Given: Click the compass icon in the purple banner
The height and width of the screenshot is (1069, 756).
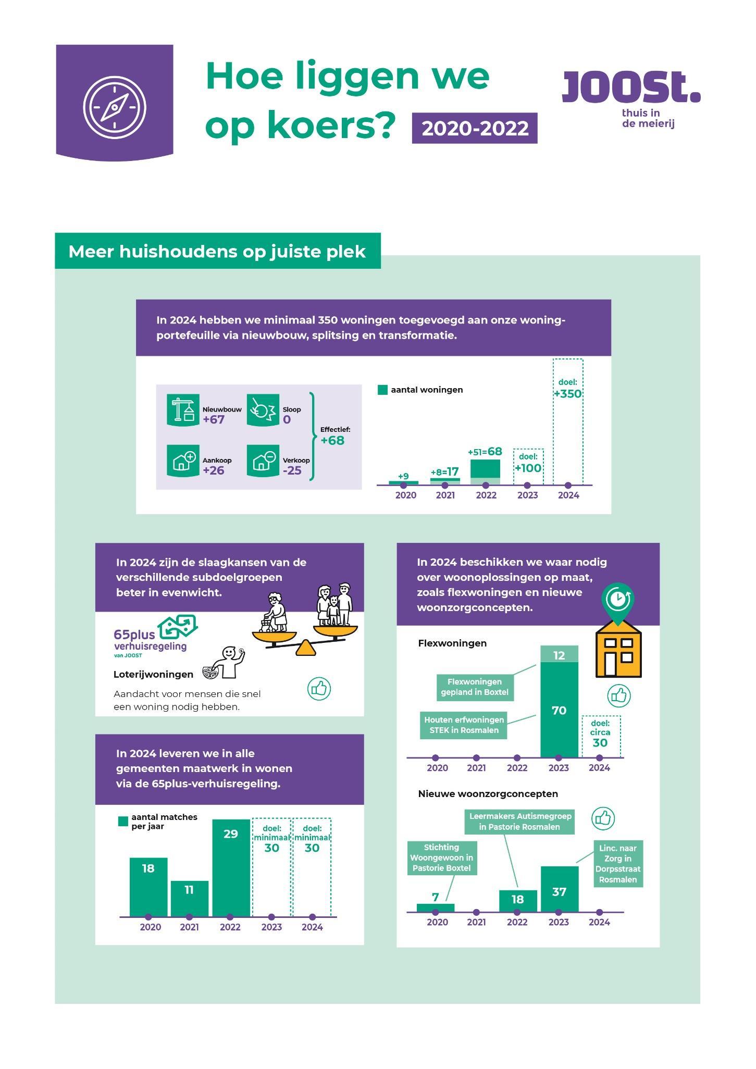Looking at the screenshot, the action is coord(115,107).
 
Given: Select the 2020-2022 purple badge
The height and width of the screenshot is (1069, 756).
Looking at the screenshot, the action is coord(474,128).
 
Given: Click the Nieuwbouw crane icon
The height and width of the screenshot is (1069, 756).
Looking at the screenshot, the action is coord(183,410).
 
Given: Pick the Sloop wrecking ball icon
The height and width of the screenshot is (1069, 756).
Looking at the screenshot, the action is coord(263,410).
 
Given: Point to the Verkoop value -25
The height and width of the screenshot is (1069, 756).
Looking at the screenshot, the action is coord(294,471).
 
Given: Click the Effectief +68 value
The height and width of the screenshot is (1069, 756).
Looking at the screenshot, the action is coord(332,440).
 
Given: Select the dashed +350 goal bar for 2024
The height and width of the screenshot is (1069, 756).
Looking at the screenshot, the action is coord(567,422).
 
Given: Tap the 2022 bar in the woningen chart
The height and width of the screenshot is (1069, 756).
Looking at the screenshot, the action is coord(486,471).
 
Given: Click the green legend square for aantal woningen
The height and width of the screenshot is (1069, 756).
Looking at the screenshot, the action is coord(382,390).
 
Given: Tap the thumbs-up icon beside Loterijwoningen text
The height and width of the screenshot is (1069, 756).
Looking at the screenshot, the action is coord(319,689).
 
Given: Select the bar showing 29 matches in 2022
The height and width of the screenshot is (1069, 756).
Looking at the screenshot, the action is coord(230,867).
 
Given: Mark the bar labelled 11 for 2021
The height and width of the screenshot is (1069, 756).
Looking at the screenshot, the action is coord(189,898).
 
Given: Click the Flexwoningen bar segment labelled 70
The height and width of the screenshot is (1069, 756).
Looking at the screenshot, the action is coord(559,709).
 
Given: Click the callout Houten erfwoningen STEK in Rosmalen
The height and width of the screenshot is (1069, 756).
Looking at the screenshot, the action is coord(464,725).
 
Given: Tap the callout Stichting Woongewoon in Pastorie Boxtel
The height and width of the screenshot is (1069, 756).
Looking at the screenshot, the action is coord(441,857).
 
